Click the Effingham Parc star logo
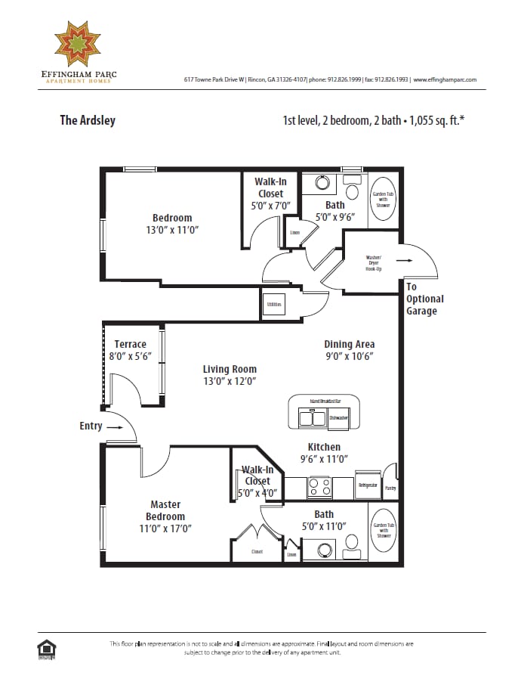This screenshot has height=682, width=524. (x=82, y=45)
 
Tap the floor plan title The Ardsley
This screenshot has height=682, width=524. (x=88, y=120)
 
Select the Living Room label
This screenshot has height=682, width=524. (x=230, y=370)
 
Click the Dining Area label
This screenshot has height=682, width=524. (x=349, y=344)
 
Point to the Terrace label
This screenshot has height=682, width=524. (x=130, y=344)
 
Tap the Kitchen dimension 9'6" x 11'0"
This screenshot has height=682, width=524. (x=323, y=459)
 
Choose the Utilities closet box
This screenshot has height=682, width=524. (x=273, y=305)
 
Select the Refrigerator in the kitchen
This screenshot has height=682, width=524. (x=368, y=485)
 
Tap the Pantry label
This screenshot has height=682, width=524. (x=390, y=488)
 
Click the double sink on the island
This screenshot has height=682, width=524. (x=313, y=417)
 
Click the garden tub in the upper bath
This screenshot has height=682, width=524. (x=383, y=200)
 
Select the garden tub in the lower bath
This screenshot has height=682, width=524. (x=383, y=530)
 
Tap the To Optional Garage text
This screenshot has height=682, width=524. (x=424, y=299)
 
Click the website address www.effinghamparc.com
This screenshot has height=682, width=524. (x=445, y=79)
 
